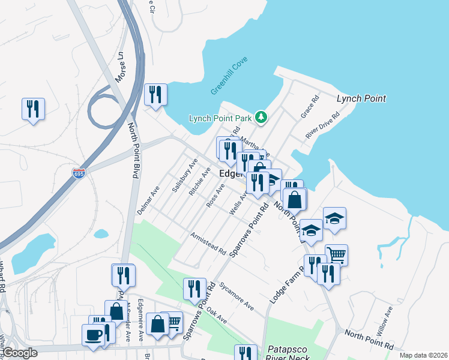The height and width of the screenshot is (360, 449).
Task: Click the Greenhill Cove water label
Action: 230,76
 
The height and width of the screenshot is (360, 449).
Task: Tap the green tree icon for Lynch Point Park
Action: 261,117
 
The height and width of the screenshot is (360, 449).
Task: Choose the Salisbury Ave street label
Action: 185,176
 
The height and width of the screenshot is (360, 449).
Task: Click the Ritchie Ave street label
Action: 199,182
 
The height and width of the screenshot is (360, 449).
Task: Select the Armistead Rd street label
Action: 208,243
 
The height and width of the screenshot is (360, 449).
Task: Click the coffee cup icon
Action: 93,335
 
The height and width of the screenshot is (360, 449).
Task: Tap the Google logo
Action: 20,353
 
